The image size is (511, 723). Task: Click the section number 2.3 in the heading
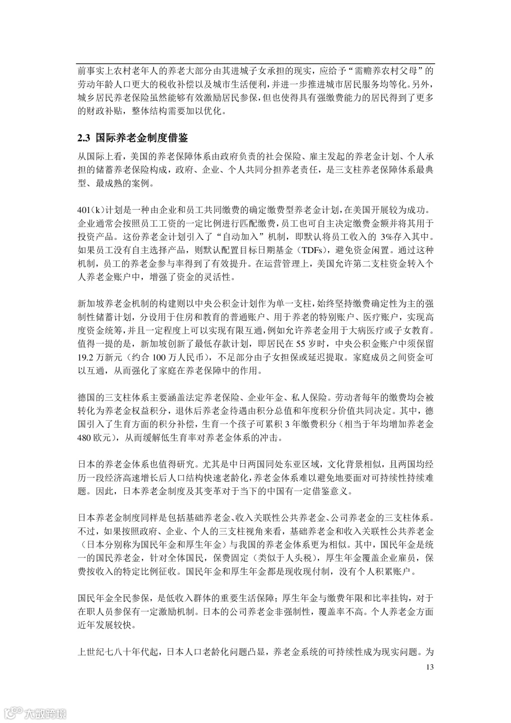click(84, 138)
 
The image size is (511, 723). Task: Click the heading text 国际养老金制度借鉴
click(141, 138)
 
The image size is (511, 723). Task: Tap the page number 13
click(430, 667)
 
